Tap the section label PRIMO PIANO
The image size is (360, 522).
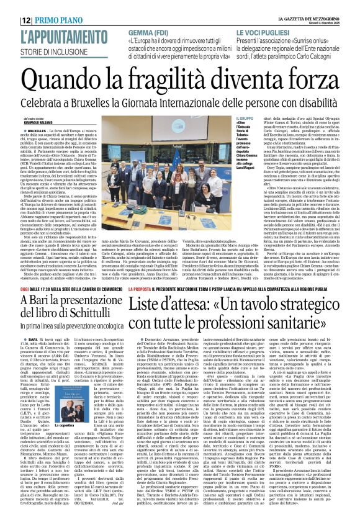click(x=60, y=20)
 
